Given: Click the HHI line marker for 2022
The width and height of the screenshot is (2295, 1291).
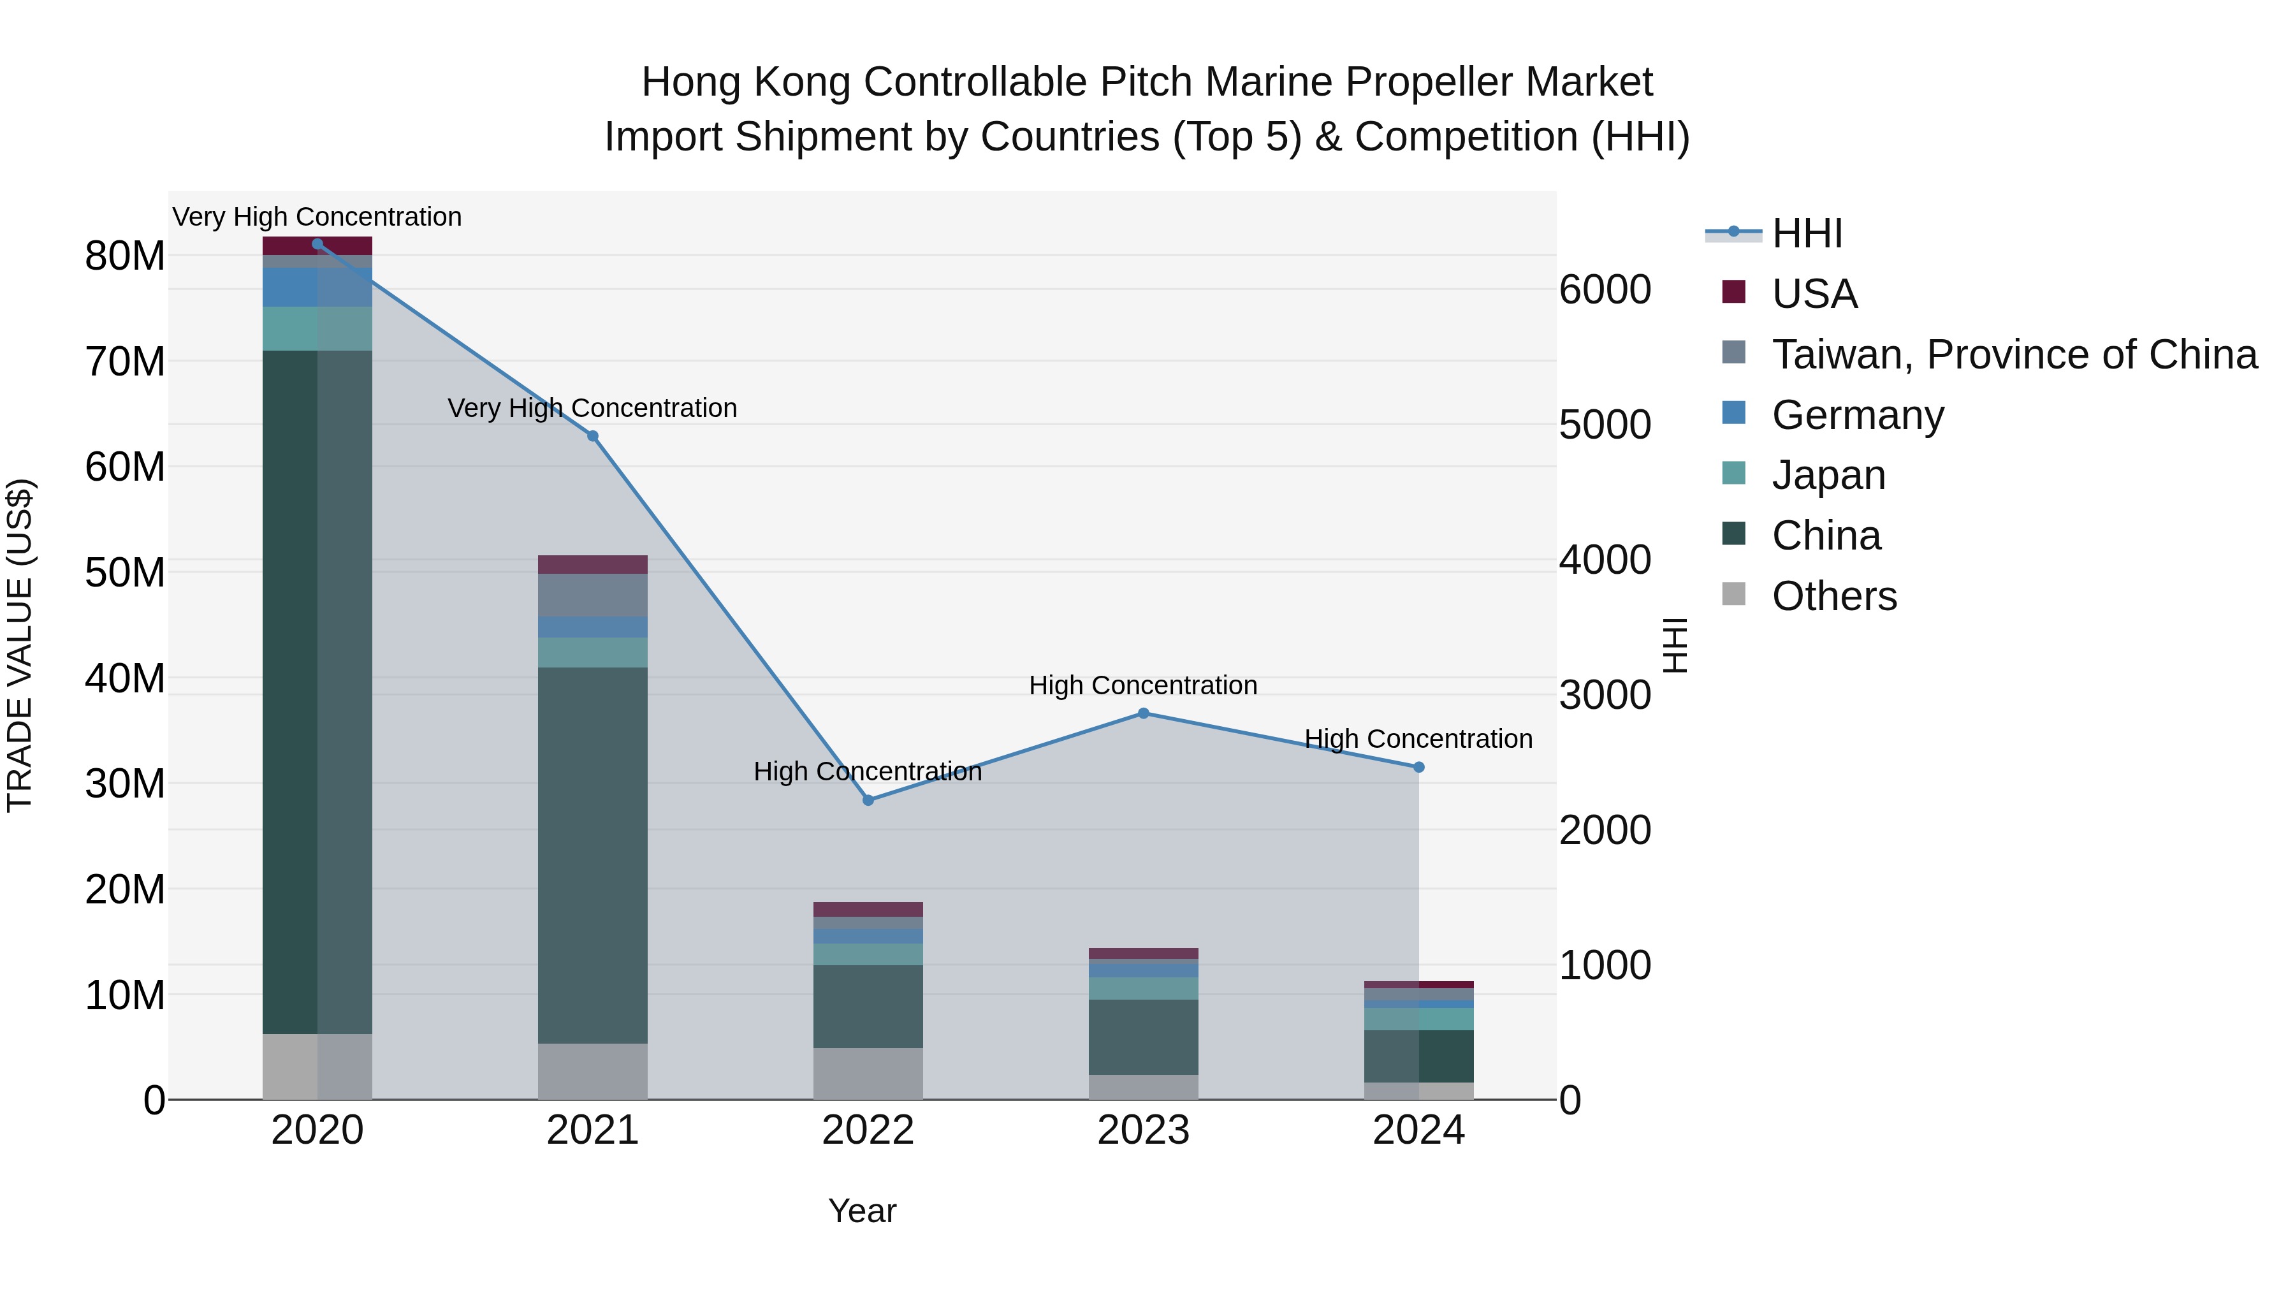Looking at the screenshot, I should (x=868, y=800).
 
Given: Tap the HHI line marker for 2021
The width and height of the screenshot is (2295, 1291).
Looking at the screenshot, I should (x=592, y=435).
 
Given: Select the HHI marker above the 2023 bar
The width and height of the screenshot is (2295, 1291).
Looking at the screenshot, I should (x=1143, y=713).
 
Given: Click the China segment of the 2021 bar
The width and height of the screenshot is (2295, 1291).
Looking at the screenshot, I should (x=592, y=856).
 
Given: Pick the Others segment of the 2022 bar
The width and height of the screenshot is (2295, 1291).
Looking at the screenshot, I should (x=868, y=1073).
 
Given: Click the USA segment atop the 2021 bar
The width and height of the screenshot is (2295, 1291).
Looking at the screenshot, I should (x=592, y=564).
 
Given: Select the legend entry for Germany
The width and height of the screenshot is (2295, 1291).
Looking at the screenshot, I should (x=1858, y=415).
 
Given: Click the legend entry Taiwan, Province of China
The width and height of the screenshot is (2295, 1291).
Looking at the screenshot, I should (x=2013, y=354).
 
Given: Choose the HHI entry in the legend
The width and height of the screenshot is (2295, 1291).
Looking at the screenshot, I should (x=1807, y=233).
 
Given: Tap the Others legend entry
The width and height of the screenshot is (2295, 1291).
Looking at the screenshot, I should (x=1833, y=596).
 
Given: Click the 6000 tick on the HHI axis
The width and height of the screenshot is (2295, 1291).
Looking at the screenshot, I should (x=1605, y=289).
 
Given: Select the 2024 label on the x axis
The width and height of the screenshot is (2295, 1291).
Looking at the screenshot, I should (x=1418, y=1130).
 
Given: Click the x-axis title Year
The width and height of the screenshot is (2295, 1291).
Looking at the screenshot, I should (x=861, y=1211).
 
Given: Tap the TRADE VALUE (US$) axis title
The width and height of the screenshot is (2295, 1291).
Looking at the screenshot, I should (x=20, y=645).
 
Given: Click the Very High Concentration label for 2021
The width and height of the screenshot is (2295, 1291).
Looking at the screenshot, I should (x=592, y=408).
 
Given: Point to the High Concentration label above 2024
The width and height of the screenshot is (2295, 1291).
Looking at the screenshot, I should (x=1418, y=739).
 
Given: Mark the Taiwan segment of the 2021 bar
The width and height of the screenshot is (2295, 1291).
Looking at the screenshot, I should (x=592, y=595).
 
